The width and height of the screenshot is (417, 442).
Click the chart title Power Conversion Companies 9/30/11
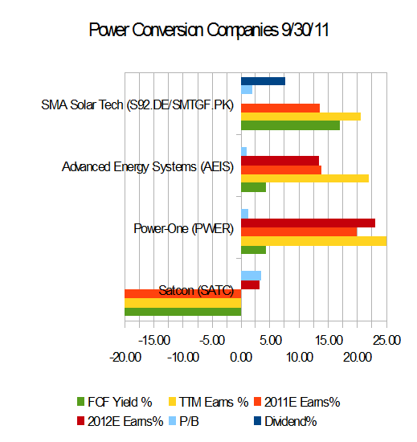pyautogui.click(x=208, y=31)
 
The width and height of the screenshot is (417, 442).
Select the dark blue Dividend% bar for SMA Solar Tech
pyautogui.click(x=263, y=81)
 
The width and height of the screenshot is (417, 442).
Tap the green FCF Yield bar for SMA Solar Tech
pyautogui.click(x=290, y=125)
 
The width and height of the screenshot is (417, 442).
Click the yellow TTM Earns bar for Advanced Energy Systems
pyautogui.click(x=305, y=178)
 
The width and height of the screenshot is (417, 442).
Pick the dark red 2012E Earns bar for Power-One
pyautogui.click(x=308, y=223)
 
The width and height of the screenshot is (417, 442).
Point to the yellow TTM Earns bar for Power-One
pyautogui.click(x=313, y=240)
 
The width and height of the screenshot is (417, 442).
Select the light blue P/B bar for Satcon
pyautogui.click(x=251, y=276)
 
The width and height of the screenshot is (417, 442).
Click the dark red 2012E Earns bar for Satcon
pyautogui.click(x=250, y=284)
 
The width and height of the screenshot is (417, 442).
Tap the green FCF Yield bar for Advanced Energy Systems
pyautogui.click(x=253, y=187)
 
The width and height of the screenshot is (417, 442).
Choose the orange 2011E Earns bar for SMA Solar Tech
pyautogui.click(x=280, y=108)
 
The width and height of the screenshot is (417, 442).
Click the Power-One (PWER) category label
pyautogui.click(x=183, y=228)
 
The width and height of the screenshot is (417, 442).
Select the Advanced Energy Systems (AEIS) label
pyautogui.click(x=148, y=167)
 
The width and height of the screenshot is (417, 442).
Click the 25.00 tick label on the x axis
pyautogui.click(x=386, y=340)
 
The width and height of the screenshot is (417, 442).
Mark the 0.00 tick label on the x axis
pyautogui.click(x=241, y=357)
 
